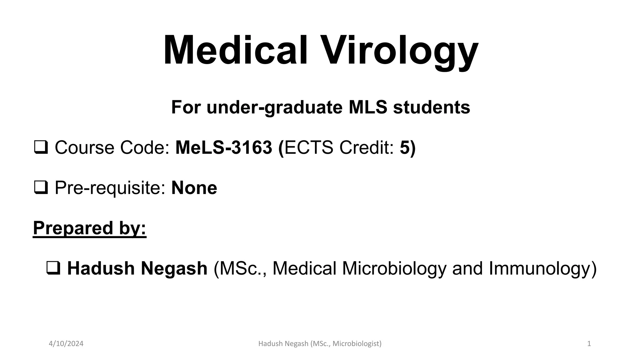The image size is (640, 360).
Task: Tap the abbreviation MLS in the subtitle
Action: click(368, 107)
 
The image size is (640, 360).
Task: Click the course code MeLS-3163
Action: click(223, 147)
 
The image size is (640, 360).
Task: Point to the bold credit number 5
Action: click(404, 147)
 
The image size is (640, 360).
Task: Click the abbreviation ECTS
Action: click(309, 147)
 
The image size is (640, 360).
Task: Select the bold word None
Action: click(194, 188)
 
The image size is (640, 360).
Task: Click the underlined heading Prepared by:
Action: click(90, 228)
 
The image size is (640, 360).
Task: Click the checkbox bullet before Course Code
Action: click(41, 147)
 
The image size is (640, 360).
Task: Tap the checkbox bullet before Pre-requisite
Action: click(41, 188)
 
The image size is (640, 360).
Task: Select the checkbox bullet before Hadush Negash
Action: click(53, 268)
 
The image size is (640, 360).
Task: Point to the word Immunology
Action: click(542, 268)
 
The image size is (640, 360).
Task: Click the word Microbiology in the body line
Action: click(394, 268)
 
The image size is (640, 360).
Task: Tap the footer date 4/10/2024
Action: click(66, 344)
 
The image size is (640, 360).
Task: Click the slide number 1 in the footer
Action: click(589, 344)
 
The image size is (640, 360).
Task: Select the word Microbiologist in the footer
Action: click(357, 344)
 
